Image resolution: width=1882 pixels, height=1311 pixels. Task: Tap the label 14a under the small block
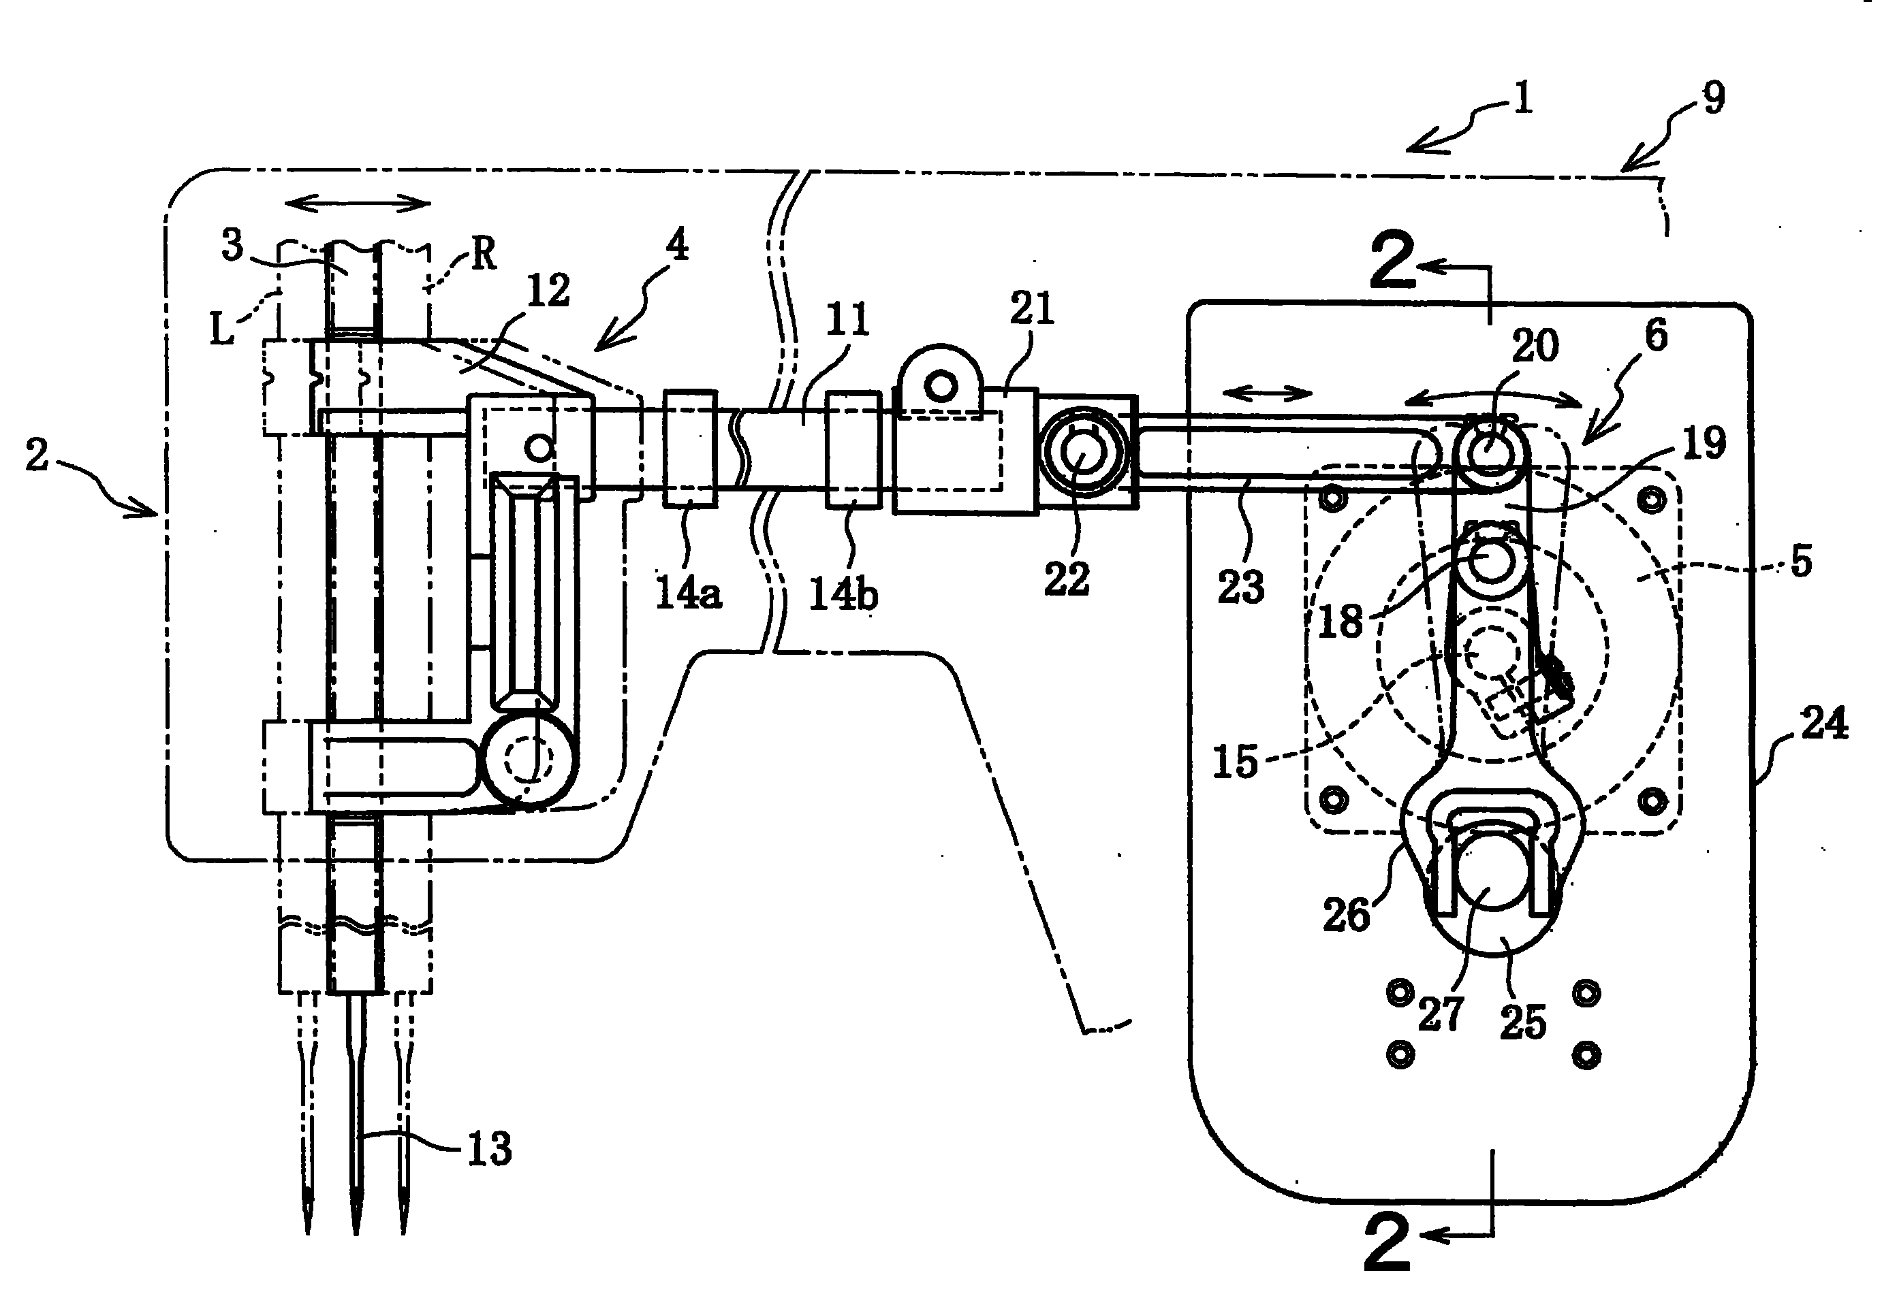tap(689, 592)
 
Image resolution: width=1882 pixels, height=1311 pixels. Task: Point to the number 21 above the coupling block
tap(1032, 309)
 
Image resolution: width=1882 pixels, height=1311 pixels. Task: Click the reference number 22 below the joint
tap(1067, 579)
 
